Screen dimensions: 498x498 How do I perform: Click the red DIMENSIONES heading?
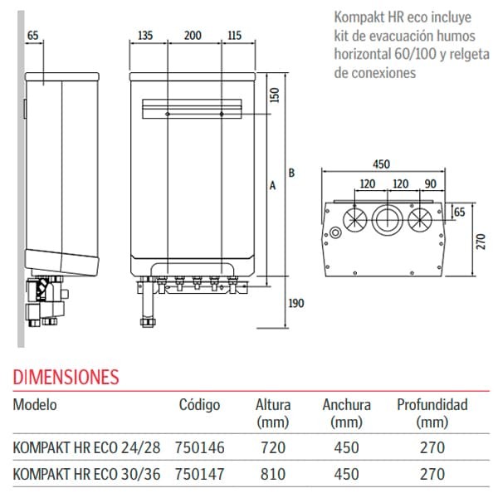[x=66, y=378]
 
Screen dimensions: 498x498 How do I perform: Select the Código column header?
[x=199, y=405]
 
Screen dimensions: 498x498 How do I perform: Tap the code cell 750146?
[x=199, y=447]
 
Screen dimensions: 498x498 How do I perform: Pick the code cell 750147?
[x=199, y=474]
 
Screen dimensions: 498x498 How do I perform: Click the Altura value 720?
[x=272, y=447]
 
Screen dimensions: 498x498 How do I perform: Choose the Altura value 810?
[x=272, y=474]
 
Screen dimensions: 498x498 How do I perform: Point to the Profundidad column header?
[x=432, y=405]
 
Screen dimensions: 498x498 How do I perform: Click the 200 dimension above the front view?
[x=193, y=36]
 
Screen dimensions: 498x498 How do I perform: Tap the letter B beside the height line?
[x=290, y=173]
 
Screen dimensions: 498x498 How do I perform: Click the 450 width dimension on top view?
[x=380, y=164]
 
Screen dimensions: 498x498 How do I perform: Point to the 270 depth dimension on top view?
[x=481, y=241]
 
